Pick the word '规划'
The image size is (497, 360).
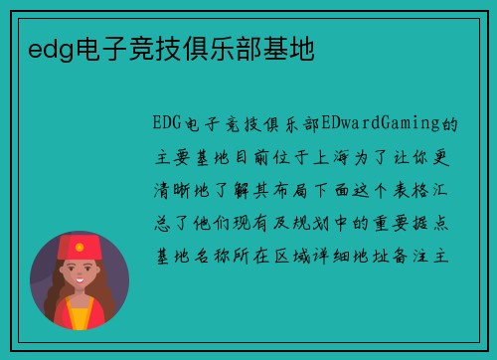pos(310,223)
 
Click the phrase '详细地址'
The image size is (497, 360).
pos(362,256)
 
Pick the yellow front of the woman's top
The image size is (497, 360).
pos(79,316)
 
